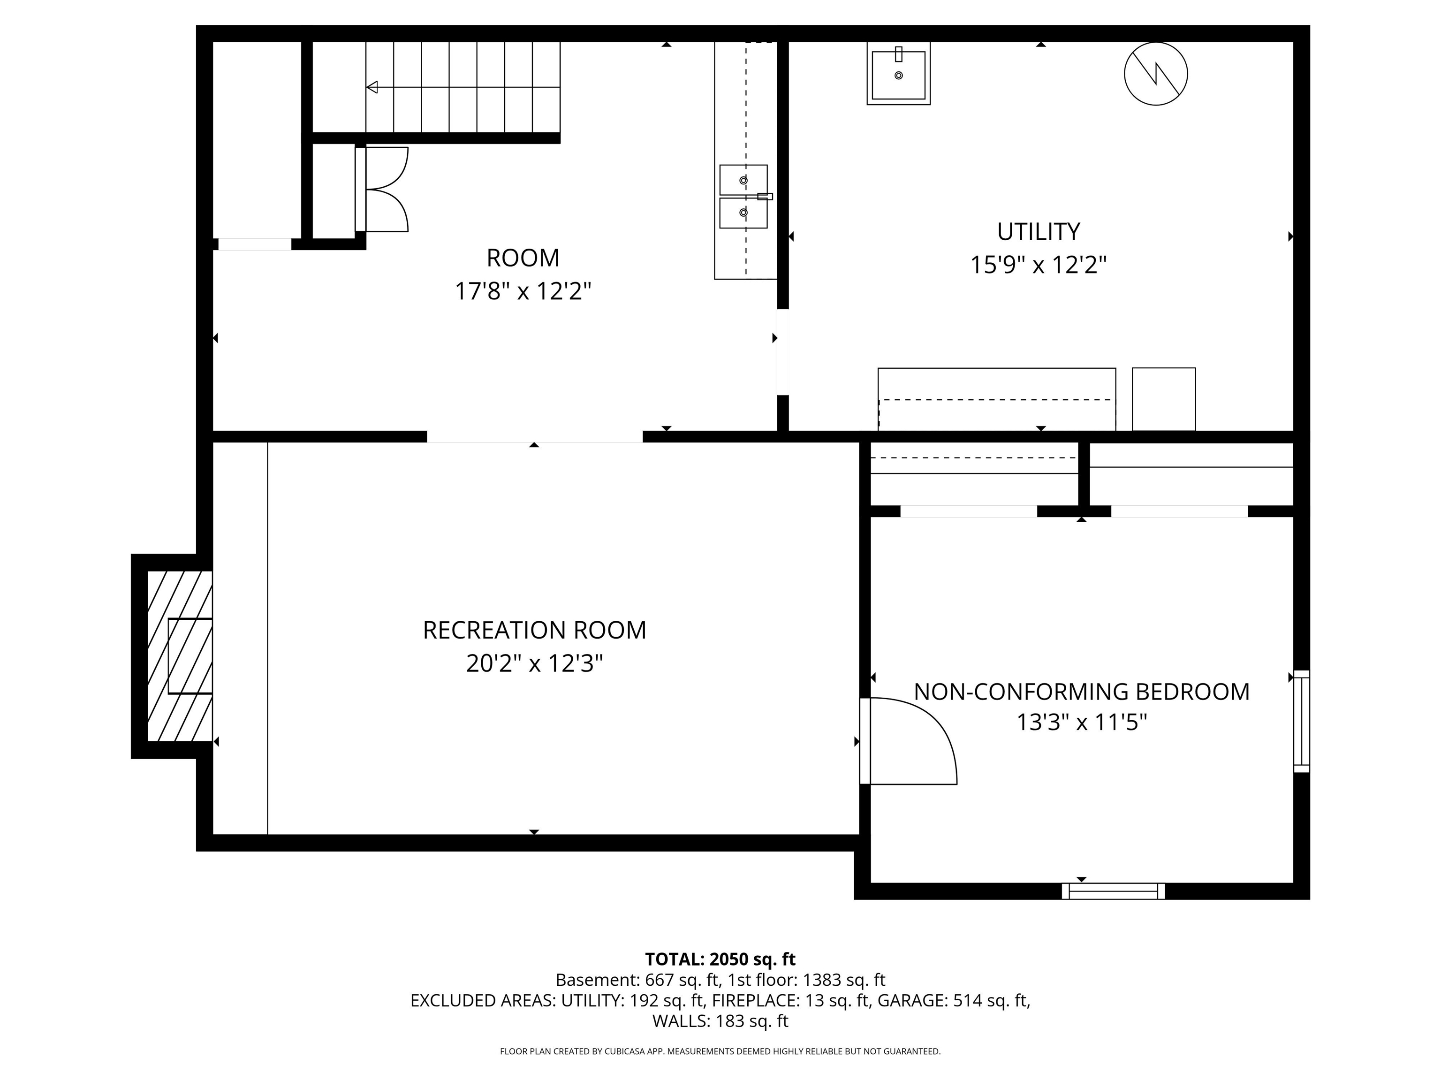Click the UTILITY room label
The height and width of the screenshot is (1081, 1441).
click(1039, 231)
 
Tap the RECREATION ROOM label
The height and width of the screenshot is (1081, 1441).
click(534, 630)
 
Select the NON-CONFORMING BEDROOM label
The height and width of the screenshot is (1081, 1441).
click(1081, 692)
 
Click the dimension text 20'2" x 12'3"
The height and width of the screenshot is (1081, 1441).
click(534, 663)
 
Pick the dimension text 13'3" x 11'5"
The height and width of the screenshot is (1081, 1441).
click(1081, 722)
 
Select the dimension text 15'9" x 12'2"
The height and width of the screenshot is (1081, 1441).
click(1039, 265)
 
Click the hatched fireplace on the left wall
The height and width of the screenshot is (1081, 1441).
click(180, 656)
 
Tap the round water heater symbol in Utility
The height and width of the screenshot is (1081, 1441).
click(1156, 74)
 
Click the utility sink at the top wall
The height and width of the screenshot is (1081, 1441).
click(898, 74)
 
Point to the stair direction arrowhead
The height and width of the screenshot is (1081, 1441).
click(372, 87)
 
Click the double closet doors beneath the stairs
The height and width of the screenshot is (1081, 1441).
click(382, 189)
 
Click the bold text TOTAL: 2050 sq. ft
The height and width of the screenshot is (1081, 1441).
click(720, 959)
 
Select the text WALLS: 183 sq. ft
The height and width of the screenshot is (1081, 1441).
click(720, 1021)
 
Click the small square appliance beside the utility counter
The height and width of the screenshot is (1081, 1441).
click(1163, 399)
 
